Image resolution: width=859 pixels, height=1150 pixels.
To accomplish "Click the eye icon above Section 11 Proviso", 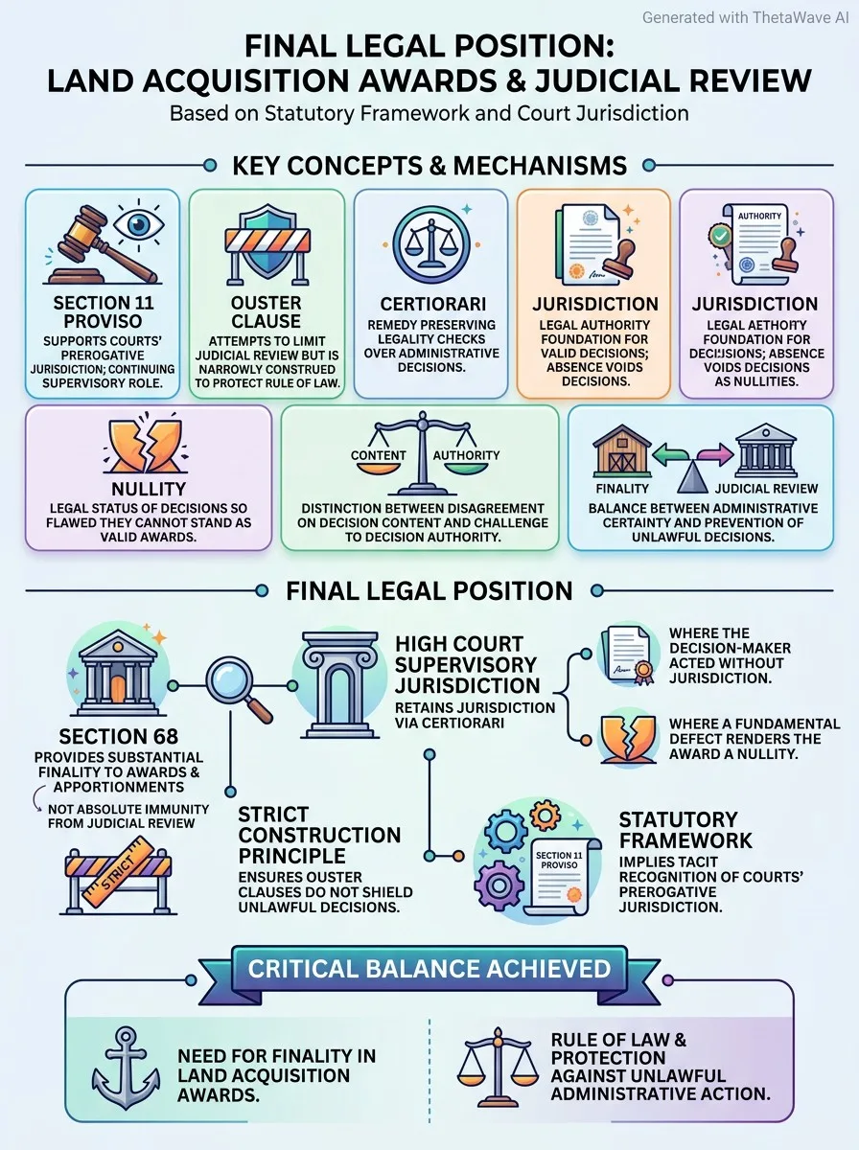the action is [x=139, y=225].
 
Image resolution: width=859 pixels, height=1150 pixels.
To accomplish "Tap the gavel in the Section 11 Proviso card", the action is [x=100, y=245].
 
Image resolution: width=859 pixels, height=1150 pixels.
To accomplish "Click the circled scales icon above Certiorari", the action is [x=431, y=244].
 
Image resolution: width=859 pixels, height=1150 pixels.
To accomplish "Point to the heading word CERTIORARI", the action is [x=433, y=304].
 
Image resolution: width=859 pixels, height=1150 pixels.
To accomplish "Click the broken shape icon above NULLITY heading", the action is [x=147, y=447].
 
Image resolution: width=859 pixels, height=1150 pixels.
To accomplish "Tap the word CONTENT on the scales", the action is [x=379, y=455].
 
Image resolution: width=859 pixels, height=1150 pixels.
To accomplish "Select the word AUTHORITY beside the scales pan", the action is [x=466, y=455].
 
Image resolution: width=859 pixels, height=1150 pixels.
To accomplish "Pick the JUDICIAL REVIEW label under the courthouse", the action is [x=766, y=489].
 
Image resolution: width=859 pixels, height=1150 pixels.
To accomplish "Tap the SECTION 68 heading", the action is [x=119, y=736].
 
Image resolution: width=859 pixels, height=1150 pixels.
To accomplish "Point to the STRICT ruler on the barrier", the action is [x=118, y=873].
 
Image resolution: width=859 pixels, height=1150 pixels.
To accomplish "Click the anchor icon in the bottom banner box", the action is [x=126, y=1068].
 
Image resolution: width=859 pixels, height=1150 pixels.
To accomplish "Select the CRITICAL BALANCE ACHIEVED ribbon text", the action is [x=429, y=968].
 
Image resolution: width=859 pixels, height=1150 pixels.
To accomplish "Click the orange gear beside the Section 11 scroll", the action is [x=546, y=816].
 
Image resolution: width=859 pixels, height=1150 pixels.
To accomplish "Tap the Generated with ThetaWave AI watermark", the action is [x=745, y=18].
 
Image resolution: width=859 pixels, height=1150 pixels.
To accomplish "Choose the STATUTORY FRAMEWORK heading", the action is [x=685, y=830].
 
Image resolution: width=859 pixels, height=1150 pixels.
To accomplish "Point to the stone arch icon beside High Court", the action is [x=339, y=685].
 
